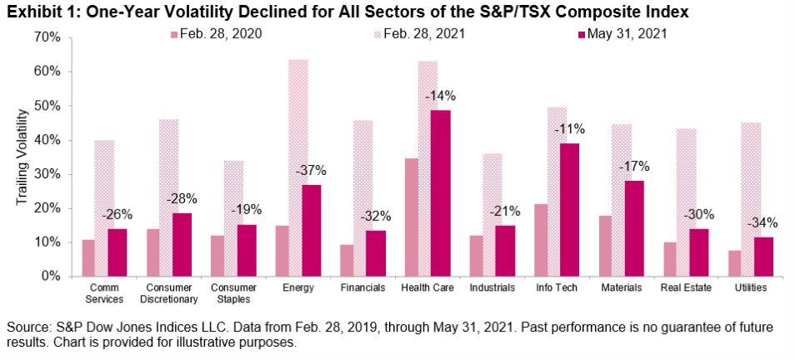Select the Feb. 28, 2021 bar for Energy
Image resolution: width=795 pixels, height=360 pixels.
(297, 167)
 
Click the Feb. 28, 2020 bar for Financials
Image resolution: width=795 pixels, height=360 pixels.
(347, 260)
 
